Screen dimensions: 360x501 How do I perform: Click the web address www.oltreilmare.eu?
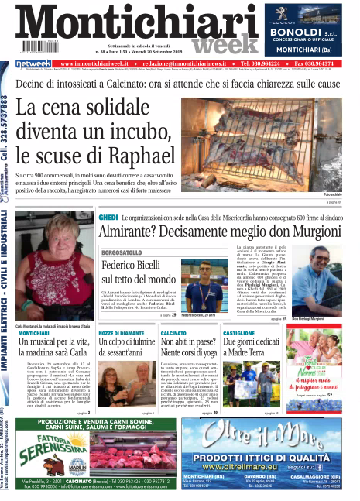coord(263,468)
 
